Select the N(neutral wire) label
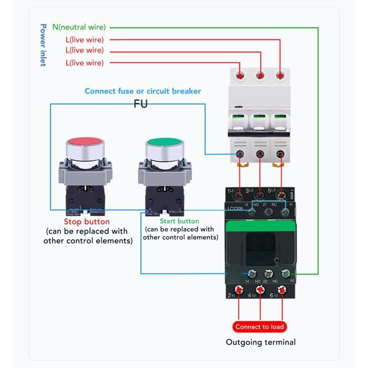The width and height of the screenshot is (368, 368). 79,27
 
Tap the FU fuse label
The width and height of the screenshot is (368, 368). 140,104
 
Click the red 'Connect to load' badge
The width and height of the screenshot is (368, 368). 259,326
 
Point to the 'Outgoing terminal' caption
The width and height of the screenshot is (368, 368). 261,342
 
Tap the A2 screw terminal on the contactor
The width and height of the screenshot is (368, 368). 285,273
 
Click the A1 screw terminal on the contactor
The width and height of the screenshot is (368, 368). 285,211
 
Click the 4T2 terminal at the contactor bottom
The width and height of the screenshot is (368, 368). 259,290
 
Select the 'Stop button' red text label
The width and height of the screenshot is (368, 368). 87,222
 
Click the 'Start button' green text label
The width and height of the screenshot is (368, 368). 179,221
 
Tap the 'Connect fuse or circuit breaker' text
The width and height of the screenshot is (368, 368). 142,91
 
